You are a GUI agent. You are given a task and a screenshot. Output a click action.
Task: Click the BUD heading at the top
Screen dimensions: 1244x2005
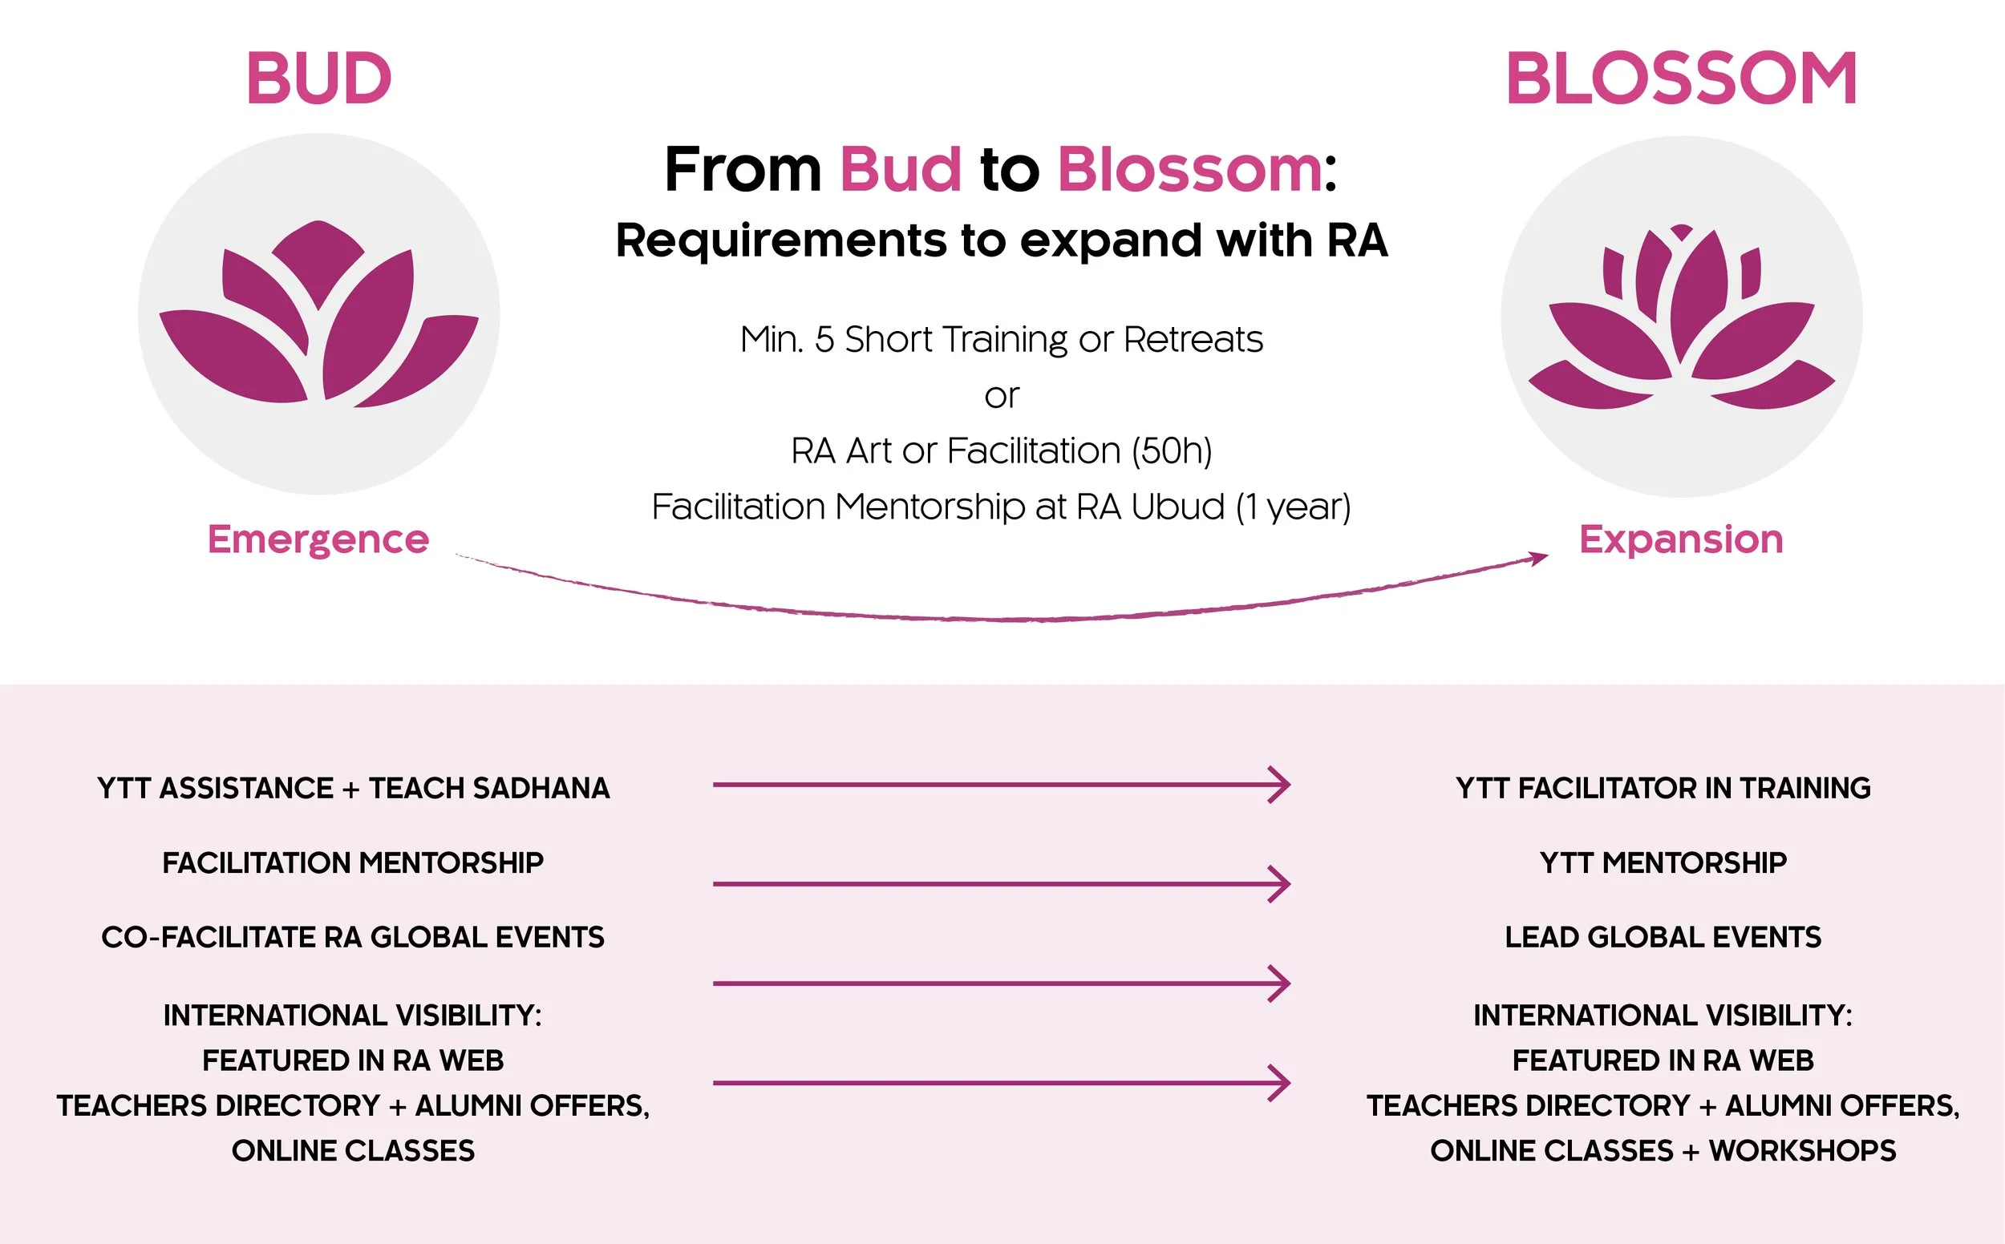tap(318, 79)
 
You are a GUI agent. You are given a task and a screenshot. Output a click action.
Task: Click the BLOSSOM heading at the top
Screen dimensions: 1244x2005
tap(1681, 79)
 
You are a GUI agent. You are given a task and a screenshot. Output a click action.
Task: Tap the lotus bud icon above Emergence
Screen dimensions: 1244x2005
tap(318, 314)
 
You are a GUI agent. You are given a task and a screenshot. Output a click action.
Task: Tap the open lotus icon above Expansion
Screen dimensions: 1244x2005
tap(1681, 317)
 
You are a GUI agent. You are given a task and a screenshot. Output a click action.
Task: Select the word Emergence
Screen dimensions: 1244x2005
tap(318, 539)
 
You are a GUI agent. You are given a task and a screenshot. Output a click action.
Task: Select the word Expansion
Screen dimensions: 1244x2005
tap(1681, 539)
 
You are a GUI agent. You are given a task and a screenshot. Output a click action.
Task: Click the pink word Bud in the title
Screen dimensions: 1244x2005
tap(901, 169)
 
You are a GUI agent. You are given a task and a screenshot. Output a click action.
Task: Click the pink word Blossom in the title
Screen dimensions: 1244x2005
tap(1189, 169)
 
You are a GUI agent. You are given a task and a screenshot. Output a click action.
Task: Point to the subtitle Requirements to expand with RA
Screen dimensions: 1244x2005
tap(1002, 241)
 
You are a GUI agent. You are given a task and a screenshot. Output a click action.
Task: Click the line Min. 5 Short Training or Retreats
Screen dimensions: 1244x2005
tap(1002, 339)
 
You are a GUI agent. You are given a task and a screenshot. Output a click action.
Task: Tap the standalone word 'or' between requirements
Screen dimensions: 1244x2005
tap(1002, 397)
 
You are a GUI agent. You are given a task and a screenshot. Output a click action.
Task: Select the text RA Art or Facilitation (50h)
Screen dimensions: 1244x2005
tap(1002, 450)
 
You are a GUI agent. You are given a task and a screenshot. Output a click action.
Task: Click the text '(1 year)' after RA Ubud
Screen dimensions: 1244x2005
tap(1293, 507)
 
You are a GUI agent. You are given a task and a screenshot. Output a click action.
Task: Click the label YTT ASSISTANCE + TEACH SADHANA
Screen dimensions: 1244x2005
tap(353, 788)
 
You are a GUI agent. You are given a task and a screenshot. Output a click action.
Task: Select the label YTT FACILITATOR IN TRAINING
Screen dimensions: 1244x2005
tap(1663, 788)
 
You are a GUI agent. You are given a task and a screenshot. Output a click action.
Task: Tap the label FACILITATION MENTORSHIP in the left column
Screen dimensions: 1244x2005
tap(353, 863)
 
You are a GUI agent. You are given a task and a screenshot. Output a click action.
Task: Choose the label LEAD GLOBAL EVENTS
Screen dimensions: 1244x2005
tap(1663, 937)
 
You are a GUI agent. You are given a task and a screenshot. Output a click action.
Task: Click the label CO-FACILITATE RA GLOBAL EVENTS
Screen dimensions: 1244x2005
tap(353, 937)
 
